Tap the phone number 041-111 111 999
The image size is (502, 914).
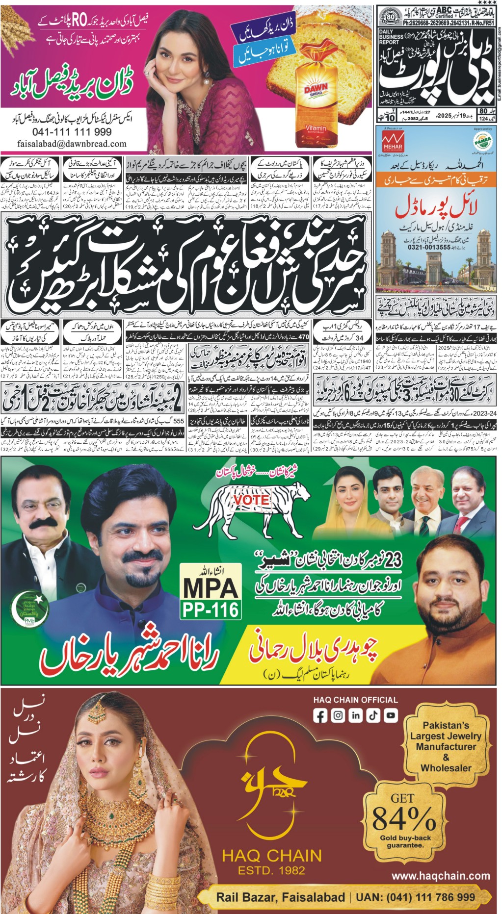click(x=72, y=132)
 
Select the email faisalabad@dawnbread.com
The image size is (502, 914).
click(x=72, y=144)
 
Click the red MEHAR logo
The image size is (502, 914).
click(x=393, y=140)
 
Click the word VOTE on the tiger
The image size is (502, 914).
click(x=251, y=499)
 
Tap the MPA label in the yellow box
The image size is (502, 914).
click(x=211, y=587)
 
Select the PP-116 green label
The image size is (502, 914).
click(x=211, y=609)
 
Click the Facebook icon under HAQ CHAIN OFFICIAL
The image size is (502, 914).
click(x=320, y=715)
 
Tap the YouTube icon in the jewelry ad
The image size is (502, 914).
click(x=391, y=715)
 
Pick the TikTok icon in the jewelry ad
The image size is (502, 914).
click(x=373, y=715)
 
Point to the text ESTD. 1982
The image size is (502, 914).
click(x=271, y=871)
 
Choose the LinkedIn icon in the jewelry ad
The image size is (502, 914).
click(x=355, y=715)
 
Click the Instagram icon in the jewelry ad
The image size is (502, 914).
click(x=338, y=715)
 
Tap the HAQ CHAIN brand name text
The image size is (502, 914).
click(x=272, y=856)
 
